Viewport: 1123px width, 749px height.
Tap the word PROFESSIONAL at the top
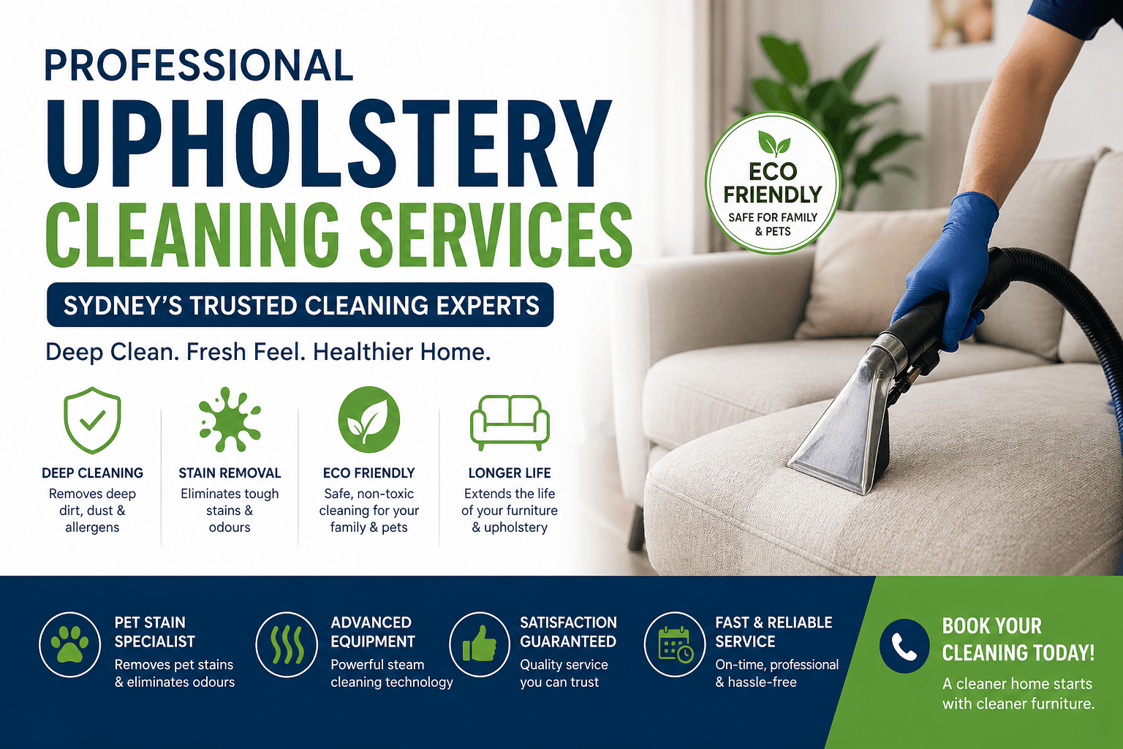point(199,66)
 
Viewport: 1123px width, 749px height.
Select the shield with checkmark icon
point(92,420)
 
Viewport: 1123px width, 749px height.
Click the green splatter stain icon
point(230,420)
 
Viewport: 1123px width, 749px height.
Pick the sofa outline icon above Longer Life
point(510,422)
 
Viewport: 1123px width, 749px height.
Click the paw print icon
point(69,644)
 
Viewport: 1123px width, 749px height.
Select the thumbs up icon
point(480,644)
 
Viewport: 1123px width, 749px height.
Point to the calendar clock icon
point(675,644)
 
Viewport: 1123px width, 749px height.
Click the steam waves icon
point(287,644)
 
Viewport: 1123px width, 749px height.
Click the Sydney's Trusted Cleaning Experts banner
point(300,305)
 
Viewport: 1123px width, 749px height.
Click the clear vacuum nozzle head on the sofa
point(841,432)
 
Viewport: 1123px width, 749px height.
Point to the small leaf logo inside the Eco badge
point(773,143)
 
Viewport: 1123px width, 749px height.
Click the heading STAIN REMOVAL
point(230,473)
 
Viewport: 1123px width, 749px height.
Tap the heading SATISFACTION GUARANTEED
point(568,632)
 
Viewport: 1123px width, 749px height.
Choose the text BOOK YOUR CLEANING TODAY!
point(1018,639)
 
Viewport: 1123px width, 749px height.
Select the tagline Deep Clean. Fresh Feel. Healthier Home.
point(268,353)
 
